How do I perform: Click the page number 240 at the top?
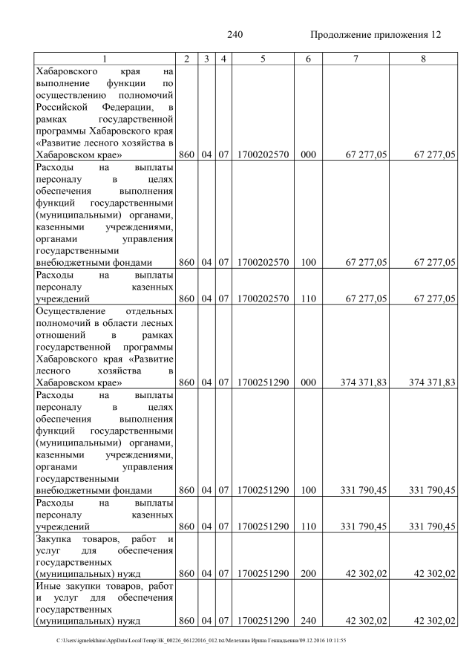235,35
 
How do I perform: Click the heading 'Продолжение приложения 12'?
375,35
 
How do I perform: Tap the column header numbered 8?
422,58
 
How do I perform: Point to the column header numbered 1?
105,58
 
